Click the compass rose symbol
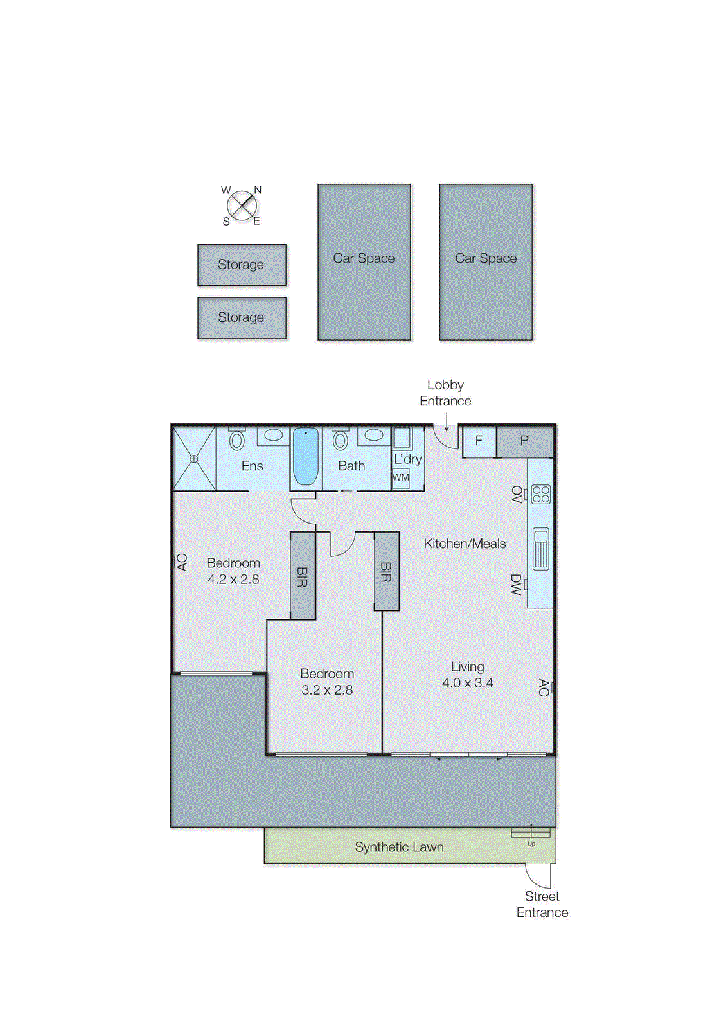tap(242, 206)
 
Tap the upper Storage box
tap(242, 265)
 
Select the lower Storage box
tap(242, 317)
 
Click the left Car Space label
tap(364, 258)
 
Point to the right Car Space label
tap(486, 258)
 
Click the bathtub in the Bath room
tap(306, 456)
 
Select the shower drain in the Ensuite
tap(194, 459)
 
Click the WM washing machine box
tap(401, 477)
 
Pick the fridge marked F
tap(479, 441)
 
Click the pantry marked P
tap(524, 441)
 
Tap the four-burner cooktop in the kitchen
tap(541, 494)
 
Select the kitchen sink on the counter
tap(541, 548)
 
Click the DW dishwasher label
tap(516, 585)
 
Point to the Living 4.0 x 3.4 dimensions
tap(467, 683)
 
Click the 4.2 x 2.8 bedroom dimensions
tap(233, 579)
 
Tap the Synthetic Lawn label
tap(399, 847)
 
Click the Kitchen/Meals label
tap(465, 544)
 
